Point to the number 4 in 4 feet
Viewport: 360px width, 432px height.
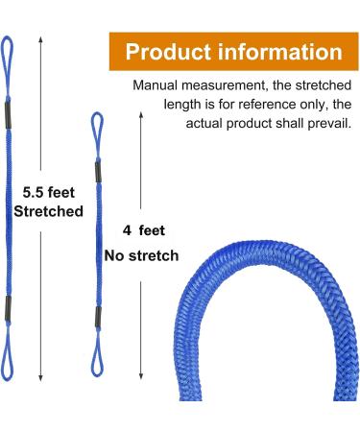pos(127,231)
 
